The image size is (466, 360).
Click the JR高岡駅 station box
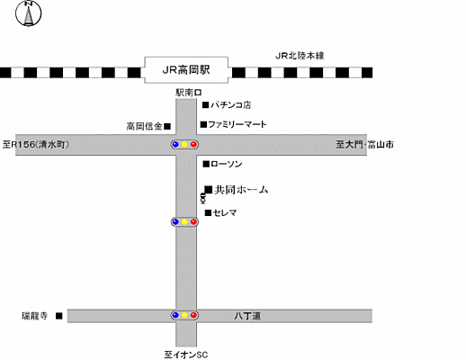(x=187, y=69)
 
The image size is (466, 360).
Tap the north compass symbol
(x=29, y=14)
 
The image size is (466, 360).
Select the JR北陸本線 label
(x=300, y=56)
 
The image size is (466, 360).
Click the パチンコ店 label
(x=231, y=105)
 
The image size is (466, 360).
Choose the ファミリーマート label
(x=237, y=124)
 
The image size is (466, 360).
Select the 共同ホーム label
(x=242, y=190)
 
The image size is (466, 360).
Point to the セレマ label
(x=226, y=212)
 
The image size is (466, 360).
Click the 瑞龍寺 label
(x=35, y=316)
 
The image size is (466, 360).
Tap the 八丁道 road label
(x=247, y=316)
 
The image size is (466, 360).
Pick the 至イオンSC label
(x=186, y=354)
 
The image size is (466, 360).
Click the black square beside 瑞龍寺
(x=58, y=316)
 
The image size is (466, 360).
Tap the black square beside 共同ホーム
(x=208, y=190)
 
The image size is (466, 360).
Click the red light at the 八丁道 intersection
(x=194, y=316)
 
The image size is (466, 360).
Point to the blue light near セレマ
(x=175, y=221)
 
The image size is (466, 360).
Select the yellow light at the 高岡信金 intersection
(x=184, y=144)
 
